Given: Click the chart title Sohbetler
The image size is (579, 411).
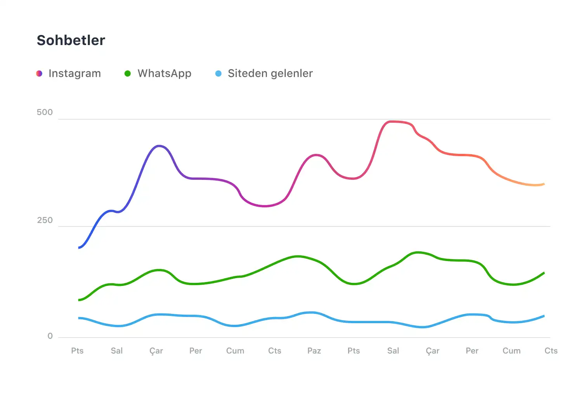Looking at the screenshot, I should pos(71,40).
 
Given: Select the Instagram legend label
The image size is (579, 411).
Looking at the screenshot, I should pos(75,73).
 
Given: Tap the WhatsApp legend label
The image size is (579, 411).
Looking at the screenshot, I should pos(164,73).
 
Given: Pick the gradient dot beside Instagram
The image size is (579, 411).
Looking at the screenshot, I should pos(39,73).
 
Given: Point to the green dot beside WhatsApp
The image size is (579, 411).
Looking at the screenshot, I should pos(127,73).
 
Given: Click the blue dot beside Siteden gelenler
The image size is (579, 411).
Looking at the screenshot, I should pos(218,73).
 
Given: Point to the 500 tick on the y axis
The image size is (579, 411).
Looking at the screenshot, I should pos(45,112).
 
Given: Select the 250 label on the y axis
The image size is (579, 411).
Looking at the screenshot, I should pos(45,220).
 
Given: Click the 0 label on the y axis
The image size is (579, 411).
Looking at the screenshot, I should pos(50,336).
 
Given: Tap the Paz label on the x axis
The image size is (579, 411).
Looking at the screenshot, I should pos(314,351).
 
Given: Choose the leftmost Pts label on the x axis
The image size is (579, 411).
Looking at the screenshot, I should pos(77,351).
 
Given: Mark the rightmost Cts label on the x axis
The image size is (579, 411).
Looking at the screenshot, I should pos(551,351).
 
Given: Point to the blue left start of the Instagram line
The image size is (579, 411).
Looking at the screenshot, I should pos(79,247).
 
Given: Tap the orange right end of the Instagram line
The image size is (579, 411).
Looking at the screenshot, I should pos(544,184).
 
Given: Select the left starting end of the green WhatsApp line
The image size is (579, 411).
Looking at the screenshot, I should pos(79,300).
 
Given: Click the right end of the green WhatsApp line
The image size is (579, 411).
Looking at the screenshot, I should pos(544,273).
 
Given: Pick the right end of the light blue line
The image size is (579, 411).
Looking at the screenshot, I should pos(544,316).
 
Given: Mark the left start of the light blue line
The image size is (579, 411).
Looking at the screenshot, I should pos(79,318).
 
